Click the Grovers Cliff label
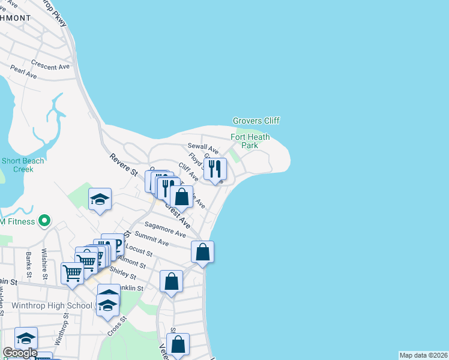pyautogui.click(x=256, y=121)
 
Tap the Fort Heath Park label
pyautogui.click(x=250, y=141)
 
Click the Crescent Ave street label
pyautogui.click(x=50, y=65)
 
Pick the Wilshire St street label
pyautogui.click(x=44, y=259)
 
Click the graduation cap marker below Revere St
pyautogui.click(x=100, y=200)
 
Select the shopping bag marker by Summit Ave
pyautogui.click(x=203, y=252)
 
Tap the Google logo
pyautogui.click(x=19, y=353)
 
